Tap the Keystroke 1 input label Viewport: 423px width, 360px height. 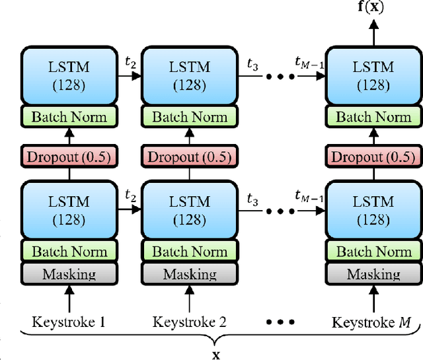(x=69, y=322)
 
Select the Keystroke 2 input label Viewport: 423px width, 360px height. (x=189, y=322)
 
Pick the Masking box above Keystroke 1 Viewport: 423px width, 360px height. (x=69, y=273)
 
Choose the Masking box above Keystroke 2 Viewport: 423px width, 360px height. (x=189, y=273)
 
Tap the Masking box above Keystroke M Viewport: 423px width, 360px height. (x=373, y=273)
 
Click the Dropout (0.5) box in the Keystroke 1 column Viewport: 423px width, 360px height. (x=69, y=157)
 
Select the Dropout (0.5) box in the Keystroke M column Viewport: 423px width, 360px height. (x=373, y=157)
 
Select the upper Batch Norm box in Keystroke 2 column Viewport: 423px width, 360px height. (x=189, y=118)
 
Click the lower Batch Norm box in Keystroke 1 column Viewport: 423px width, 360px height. (x=69, y=251)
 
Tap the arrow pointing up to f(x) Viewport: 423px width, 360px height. (x=373, y=33)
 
